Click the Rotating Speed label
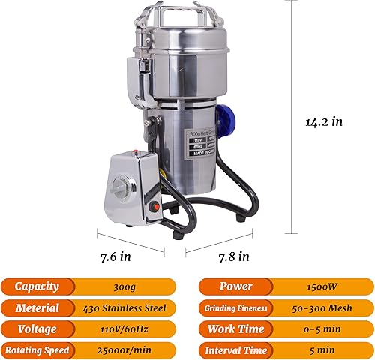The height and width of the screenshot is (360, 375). (x=37, y=350)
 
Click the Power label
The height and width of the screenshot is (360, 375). (x=235, y=286)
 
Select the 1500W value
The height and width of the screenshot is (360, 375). (x=322, y=286)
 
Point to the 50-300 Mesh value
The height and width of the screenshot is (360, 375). (x=322, y=307)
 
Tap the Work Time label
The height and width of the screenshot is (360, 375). (x=235, y=328)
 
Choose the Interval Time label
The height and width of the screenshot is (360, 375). (x=235, y=350)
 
